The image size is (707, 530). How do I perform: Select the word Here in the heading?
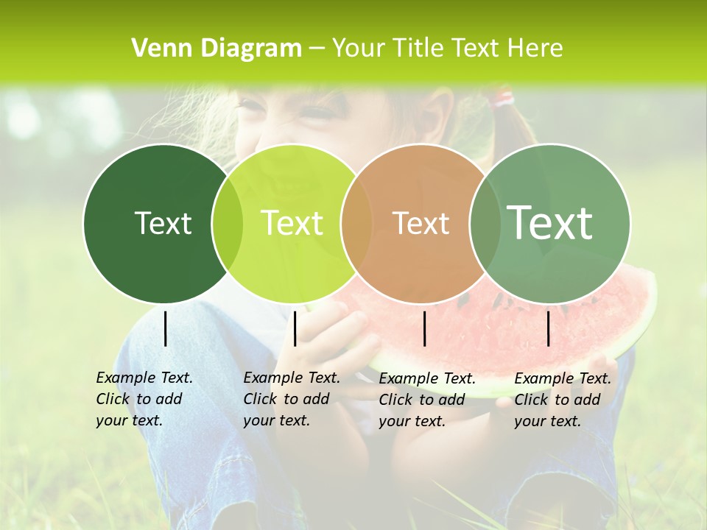(x=536, y=49)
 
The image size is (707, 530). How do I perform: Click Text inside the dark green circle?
(x=163, y=223)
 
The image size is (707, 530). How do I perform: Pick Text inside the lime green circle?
(x=292, y=223)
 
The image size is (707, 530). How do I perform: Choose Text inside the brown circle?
(x=421, y=223)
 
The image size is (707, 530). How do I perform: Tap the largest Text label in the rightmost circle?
(x=550, y=223)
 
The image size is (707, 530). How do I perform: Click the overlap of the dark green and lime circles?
(x=228, y=223)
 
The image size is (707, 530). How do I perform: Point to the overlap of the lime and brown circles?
(x=356, y=223)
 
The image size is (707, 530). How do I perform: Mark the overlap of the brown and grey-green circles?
(x=485, y=223)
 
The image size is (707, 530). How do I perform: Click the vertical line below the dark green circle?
(x=165, y=328)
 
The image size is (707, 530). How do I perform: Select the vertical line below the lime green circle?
(x=295, y=328)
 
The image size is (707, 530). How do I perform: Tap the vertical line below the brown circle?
(x=425, y=328)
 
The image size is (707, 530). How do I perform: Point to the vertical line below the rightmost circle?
(x=548, y=328)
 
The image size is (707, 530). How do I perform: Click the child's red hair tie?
(x=504, y=97)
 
